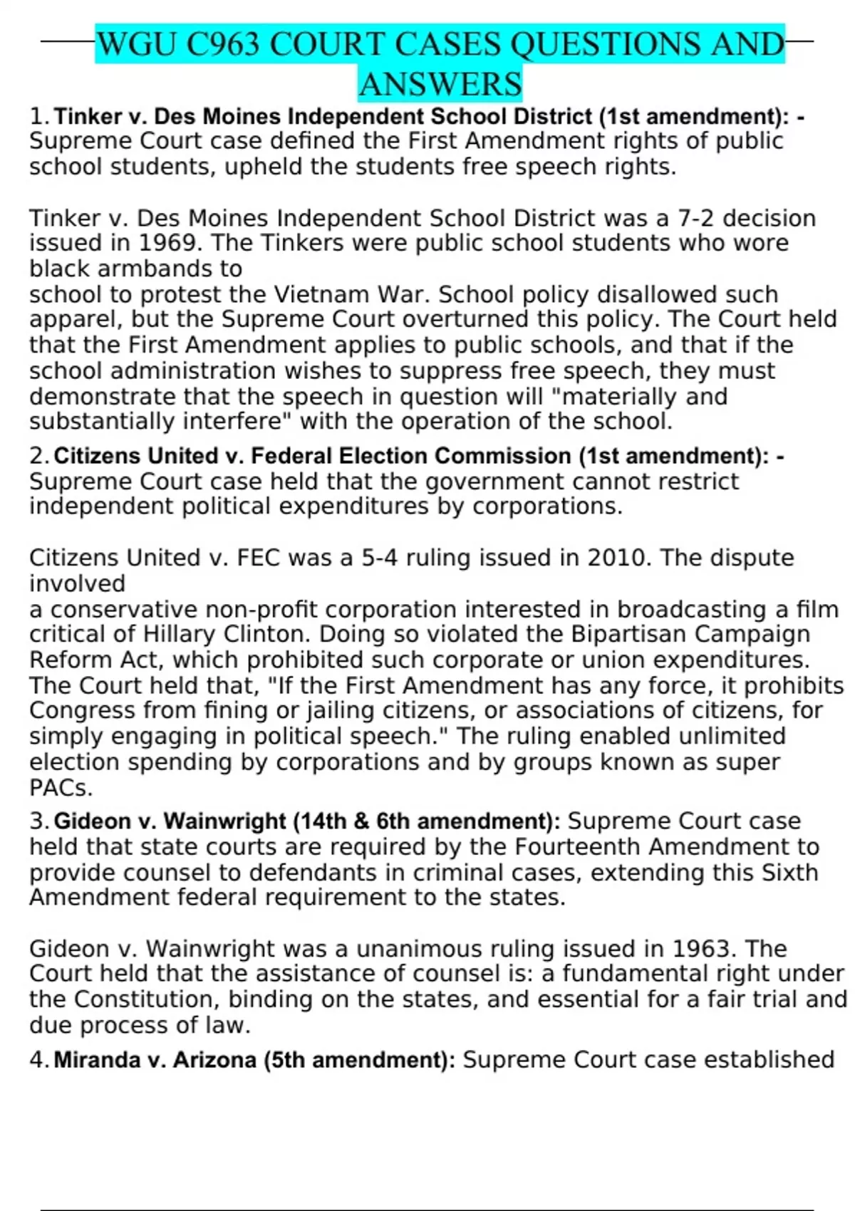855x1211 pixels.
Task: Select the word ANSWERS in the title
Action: click(x=440, y=85)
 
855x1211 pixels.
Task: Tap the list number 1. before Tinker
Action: click(x=40, y=116)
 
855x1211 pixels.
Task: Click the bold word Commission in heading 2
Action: click(x=502, y=456)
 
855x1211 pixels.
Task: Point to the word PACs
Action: click(x=61, y=788)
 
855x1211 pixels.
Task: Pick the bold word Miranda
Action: click(x=97, y=1060)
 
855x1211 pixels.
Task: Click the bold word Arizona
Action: click(x=214, y=1060)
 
